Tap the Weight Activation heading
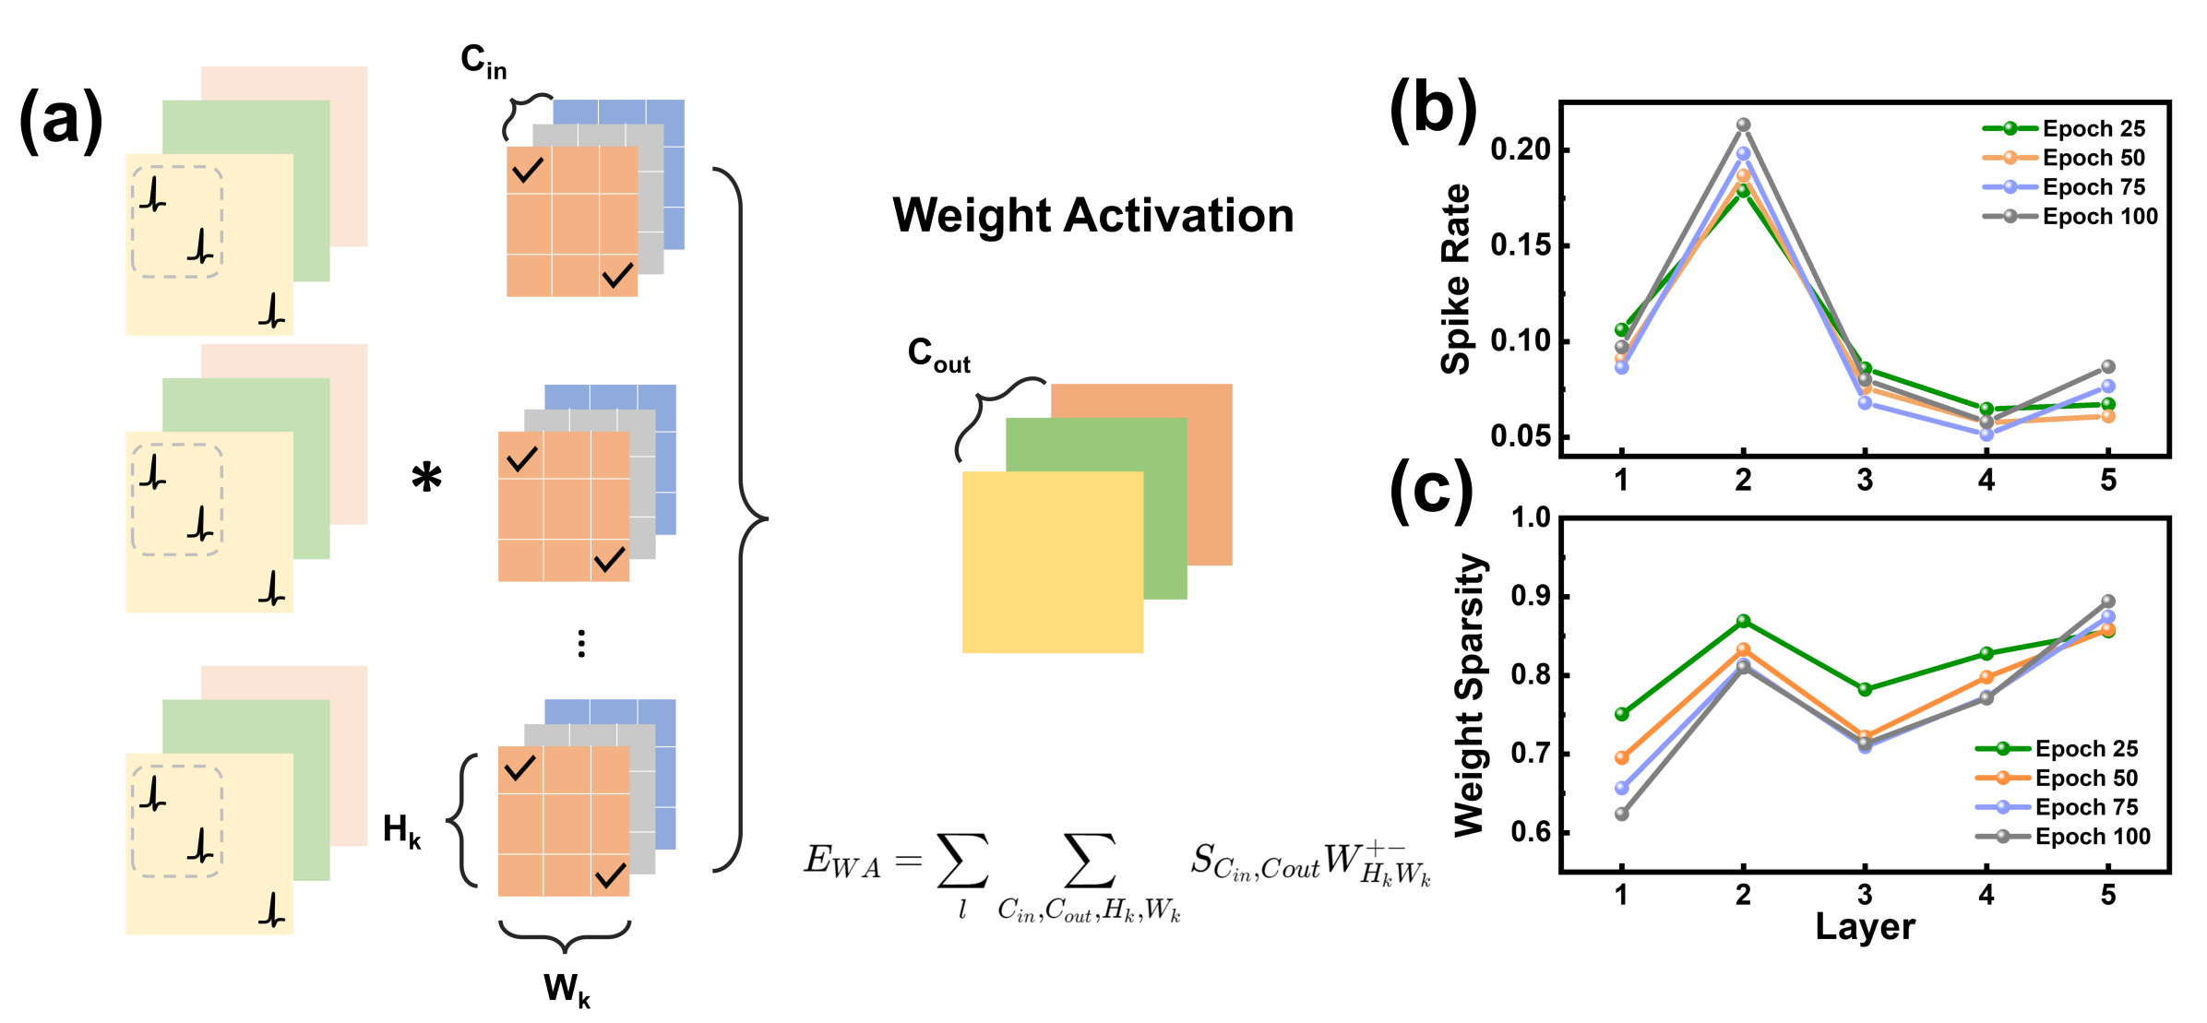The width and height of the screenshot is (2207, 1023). click(1092, 216)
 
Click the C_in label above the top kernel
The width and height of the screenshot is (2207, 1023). click(483, 62)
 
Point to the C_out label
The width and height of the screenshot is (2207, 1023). click(938, 354)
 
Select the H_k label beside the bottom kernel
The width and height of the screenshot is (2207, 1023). click(401, 830)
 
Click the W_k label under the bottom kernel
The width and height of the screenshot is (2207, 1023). click(567, 990)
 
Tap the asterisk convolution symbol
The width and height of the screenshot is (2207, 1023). click(426, 478)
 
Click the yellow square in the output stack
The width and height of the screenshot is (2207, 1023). click(1052, 562)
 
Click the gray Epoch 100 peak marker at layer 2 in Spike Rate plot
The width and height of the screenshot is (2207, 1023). click(1743, 125)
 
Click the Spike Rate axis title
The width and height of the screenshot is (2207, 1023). click(1456, 279)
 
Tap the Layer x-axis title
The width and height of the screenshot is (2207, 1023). click(1865, 927)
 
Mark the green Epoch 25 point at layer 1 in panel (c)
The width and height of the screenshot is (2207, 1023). click(1622, 714)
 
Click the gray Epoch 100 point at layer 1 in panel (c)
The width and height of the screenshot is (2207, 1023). click(1622, 814)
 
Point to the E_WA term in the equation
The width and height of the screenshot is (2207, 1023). click(841, 861)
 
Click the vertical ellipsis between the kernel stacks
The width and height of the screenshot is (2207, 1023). click(581, 643)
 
